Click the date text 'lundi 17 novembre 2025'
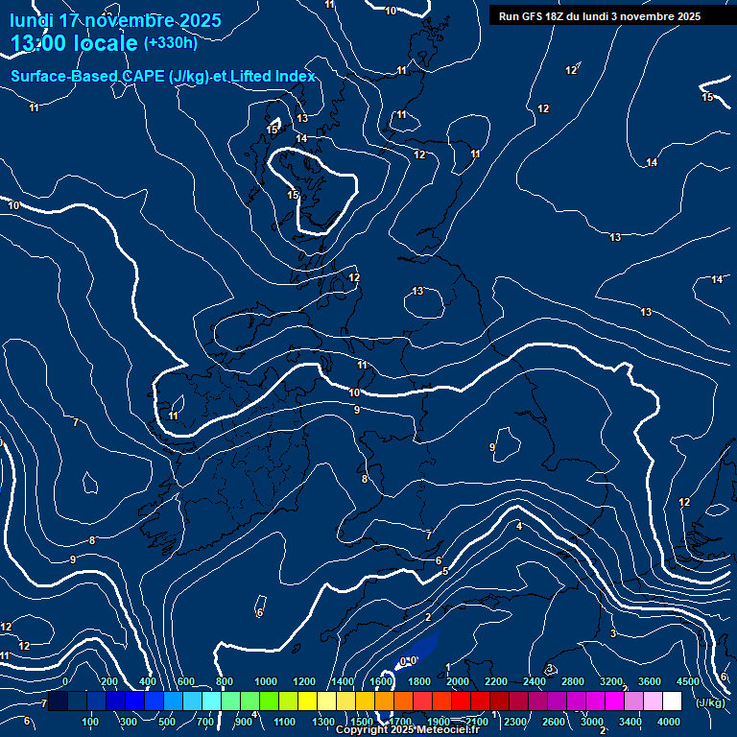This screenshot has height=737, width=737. pos(115,20)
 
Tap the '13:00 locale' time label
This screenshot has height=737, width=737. pos(73,43)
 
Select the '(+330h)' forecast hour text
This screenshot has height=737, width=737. pos(170,43)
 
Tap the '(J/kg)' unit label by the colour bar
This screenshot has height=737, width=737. pos(709,702)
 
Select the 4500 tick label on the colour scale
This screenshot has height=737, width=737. pos(688,681)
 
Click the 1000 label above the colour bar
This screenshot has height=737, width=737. pos(266,681)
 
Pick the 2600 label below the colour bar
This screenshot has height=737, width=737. pos(554,722)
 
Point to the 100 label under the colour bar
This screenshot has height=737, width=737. pos(91,722)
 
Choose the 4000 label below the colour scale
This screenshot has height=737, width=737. pos(669,722)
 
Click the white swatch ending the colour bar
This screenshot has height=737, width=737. pos(672,701)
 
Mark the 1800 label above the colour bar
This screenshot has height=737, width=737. pos(419,681)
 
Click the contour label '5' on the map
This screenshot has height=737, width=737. pos(445,572)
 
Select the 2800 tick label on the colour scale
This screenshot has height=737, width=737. pos(573,681)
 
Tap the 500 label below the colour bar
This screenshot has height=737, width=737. pos(168,722)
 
